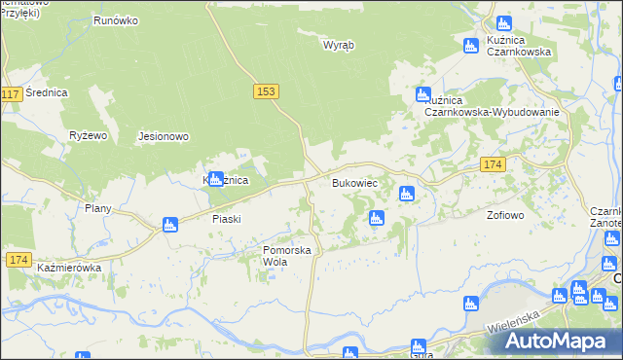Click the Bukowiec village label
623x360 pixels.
pos(354,183)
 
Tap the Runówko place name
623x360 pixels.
pos(114,19)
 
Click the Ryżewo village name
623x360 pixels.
pos(87,135)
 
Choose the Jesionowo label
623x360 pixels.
pos(164,136)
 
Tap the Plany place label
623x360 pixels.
pos(98,208)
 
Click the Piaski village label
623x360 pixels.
pos(226,219)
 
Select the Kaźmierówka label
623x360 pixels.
pos(69,266)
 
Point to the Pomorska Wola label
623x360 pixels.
pos(287,256)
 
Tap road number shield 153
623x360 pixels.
pos(268,90)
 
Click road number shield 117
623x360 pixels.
pos(12,94)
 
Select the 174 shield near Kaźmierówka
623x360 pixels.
pos(18,259)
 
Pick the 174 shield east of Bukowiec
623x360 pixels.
pos(493,166)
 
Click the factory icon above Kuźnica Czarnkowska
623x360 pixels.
pos(504,23)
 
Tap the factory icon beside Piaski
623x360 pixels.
pos(170,225)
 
